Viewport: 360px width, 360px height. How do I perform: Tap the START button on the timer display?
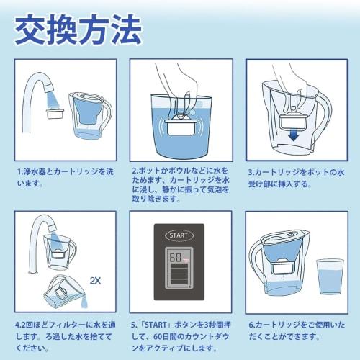click(x=178, y=235)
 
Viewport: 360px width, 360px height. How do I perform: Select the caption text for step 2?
click(x=180, y=187)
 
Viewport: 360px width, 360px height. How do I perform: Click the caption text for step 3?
click(x=295, y=177)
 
